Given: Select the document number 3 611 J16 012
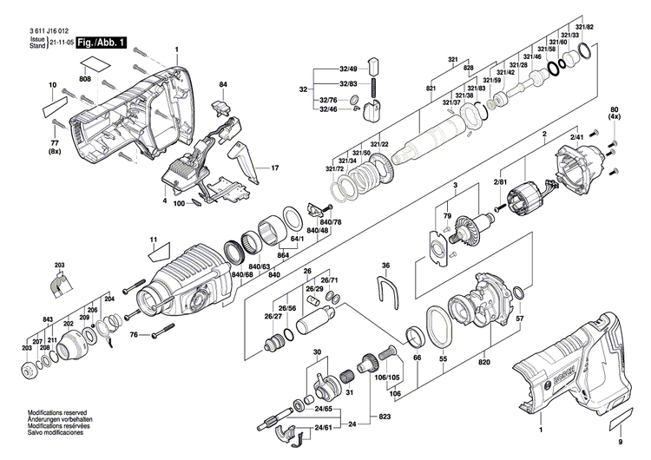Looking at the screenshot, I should (x=46, y=30).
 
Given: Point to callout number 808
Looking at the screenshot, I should (x=85, y=80).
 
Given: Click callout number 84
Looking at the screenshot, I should (x=223, y=84).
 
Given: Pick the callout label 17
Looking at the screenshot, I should (x=276, y=168).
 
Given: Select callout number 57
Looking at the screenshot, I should (x=520, y=319).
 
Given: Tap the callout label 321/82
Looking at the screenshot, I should (x=582, y=28).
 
